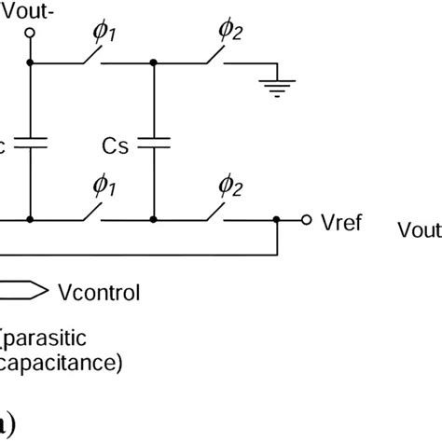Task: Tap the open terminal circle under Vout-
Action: pyautogui.click(x=30, y=34)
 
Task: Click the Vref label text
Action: pyautogui.click(x=338, y=223)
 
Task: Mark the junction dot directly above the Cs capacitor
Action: pyautogui.click(x=155, y=64)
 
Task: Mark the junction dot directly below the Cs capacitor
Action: pyautogui.click(x=155, y=221)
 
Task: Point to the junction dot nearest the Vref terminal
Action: pyautogui.click(x=277, y=221)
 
